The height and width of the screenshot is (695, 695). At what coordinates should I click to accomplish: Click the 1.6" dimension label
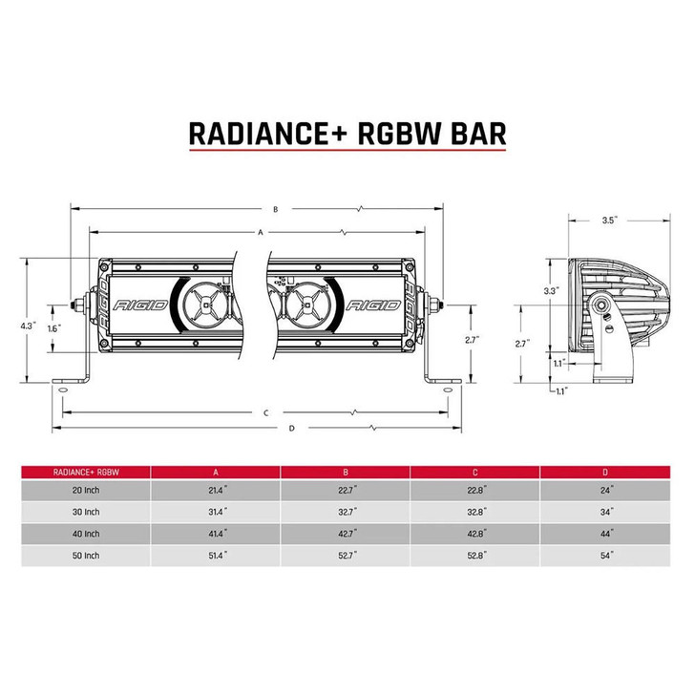(x=53, y=327)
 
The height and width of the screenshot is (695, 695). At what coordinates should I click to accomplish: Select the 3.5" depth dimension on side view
(x=609, y=220)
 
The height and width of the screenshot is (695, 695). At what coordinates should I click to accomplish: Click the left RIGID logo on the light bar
(x=140, y=307)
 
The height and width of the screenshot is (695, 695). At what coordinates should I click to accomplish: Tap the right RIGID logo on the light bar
(x=374, y=307)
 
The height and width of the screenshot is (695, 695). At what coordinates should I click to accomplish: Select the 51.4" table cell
(x=216, y=555)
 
